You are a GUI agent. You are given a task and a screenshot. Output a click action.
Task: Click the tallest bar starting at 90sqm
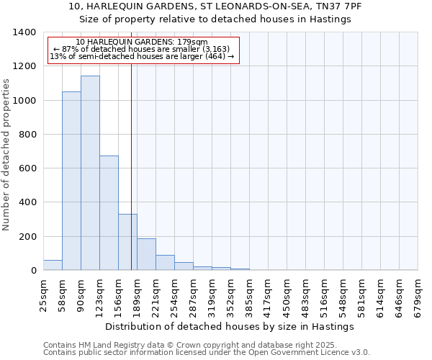point(90,173)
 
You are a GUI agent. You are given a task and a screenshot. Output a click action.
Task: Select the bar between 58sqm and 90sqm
point(71,181)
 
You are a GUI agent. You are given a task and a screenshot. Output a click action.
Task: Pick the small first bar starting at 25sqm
point(53,265)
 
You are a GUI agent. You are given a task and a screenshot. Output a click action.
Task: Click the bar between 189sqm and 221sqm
point(146,254)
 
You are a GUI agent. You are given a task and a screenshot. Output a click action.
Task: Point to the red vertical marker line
point(131,166)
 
